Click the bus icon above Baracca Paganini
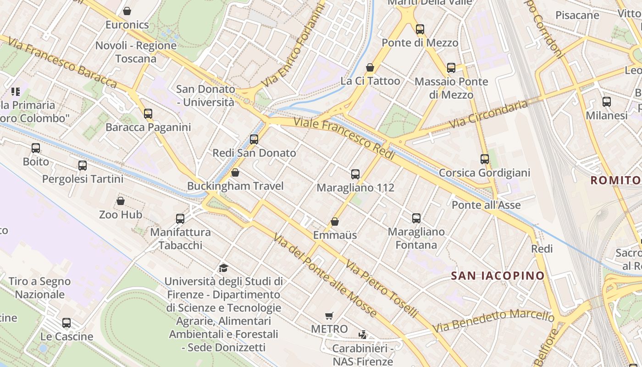148,113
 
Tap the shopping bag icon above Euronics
127,11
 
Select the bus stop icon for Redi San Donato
254,139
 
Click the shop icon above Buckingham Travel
235,172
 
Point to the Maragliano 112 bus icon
355,174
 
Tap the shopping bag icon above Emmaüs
335,222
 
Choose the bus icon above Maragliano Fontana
416,218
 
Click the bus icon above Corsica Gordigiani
485,159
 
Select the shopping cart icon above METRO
329,316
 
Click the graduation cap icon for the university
223,268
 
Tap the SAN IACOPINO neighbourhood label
498,276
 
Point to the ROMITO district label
614,180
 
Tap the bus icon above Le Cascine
66,323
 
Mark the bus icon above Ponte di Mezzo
420,29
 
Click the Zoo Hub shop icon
121,201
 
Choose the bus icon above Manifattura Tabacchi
180,219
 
